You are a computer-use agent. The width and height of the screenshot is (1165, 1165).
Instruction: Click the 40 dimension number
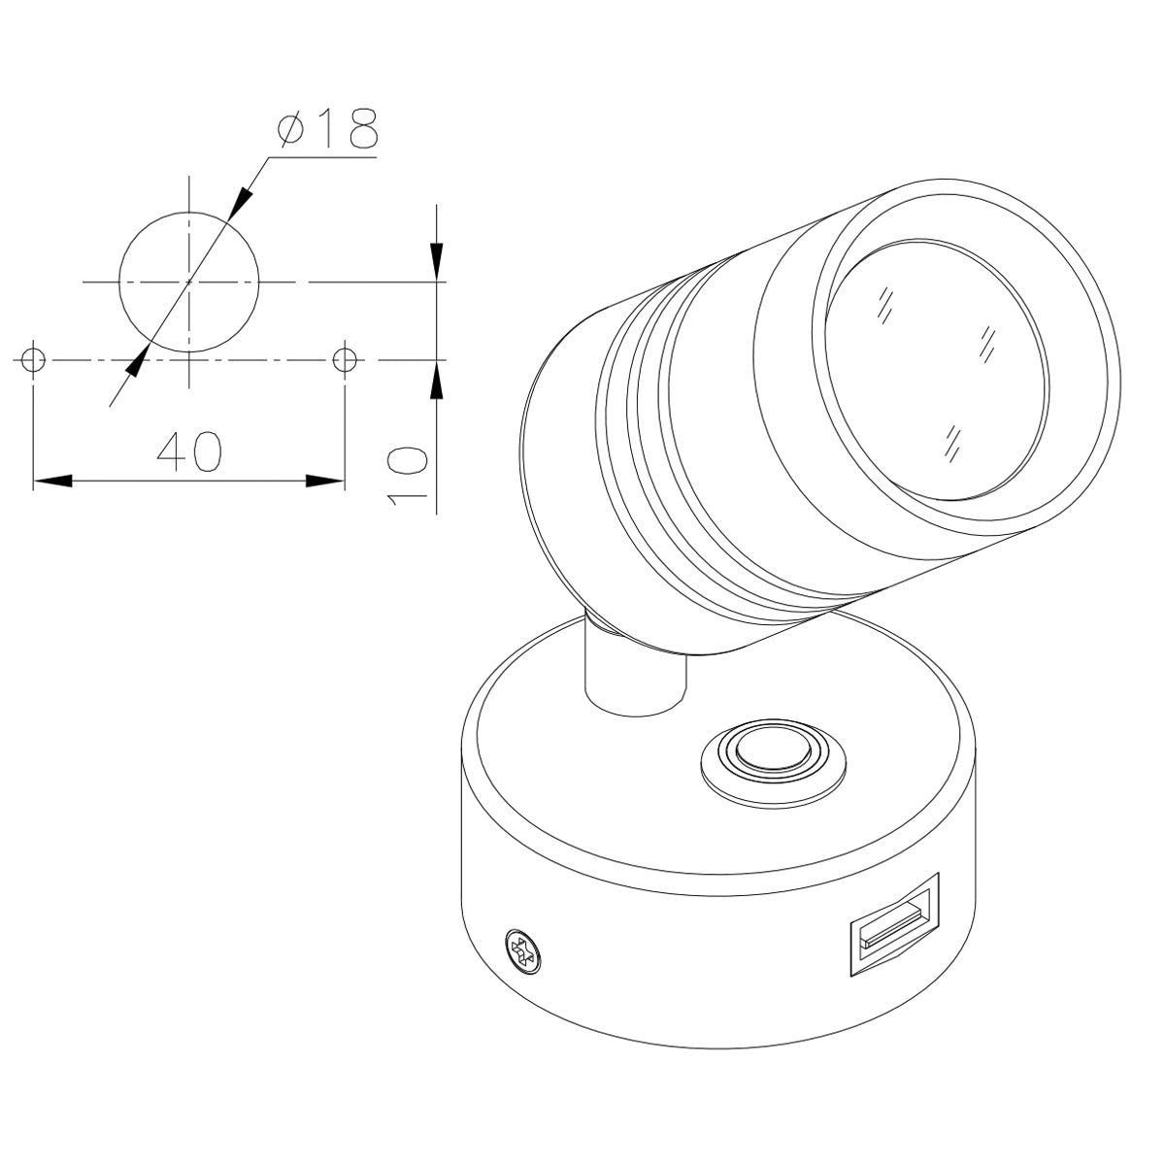pos(190,451)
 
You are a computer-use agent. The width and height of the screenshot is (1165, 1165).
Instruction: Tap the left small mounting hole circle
pos(34,359)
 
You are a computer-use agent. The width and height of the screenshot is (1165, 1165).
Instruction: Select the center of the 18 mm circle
pos(189,282)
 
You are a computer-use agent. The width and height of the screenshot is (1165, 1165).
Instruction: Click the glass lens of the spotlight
pos(937,369)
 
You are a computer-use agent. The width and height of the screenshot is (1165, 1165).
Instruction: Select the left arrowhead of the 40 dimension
pos(53,481)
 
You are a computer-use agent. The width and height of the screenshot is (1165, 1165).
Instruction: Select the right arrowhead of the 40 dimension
pos(324,481)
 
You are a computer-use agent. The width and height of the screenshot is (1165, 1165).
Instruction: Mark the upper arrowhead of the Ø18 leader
pos(240,199)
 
